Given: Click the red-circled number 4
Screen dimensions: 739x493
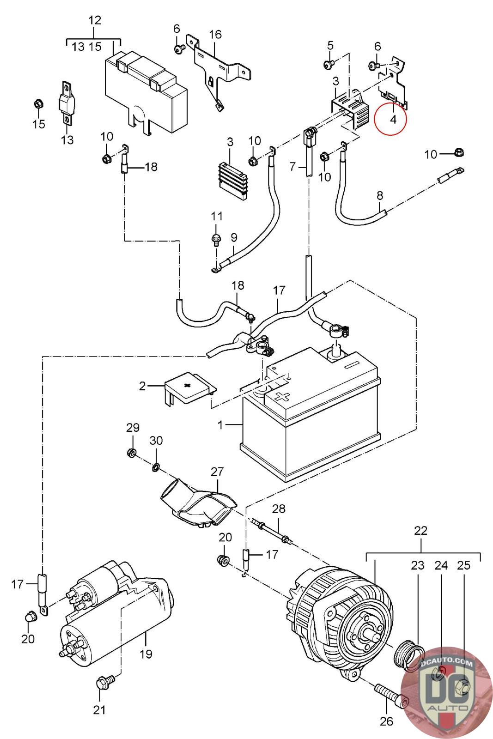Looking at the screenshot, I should point(392,119).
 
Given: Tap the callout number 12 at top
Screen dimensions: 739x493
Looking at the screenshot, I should point(94,20).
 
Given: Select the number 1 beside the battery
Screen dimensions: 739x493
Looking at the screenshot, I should point(220,424).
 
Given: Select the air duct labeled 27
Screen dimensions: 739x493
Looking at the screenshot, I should point(196,505).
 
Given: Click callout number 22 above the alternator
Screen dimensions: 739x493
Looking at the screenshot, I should point(420,531).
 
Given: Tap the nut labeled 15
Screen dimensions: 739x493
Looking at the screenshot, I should point(39,103).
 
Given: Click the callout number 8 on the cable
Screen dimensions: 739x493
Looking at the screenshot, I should point(380,195).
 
